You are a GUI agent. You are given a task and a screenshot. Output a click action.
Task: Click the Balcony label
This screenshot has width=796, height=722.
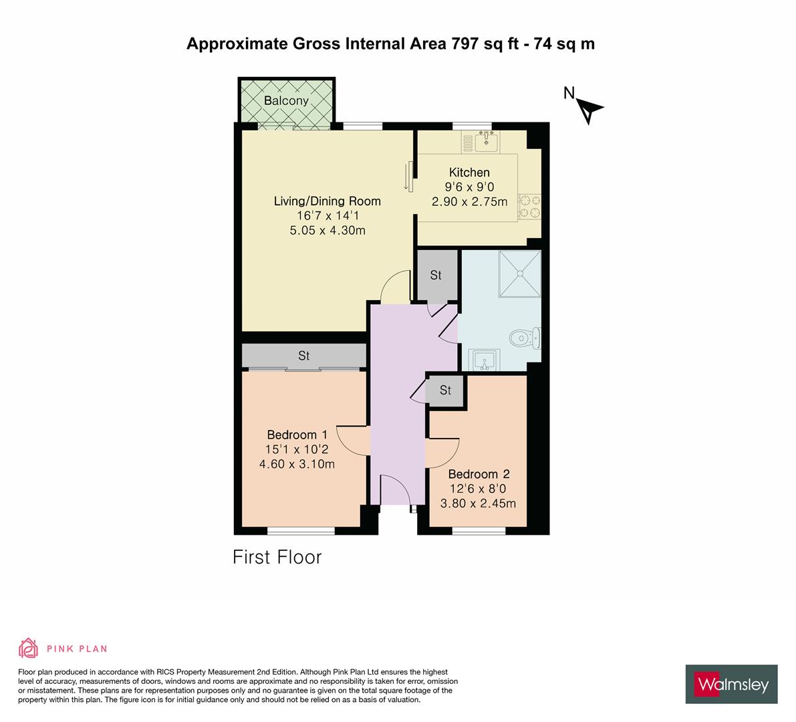286,101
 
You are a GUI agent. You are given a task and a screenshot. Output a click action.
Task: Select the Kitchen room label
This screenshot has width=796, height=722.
469,172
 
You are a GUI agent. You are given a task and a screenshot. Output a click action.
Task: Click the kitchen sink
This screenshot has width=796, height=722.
485,140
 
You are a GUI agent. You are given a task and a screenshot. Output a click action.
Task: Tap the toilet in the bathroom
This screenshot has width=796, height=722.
525,338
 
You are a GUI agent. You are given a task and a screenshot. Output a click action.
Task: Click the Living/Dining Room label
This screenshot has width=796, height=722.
327,201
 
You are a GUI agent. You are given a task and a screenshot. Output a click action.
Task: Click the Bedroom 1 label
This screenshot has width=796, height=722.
292,435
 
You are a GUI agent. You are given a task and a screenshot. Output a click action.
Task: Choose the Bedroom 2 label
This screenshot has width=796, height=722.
479,474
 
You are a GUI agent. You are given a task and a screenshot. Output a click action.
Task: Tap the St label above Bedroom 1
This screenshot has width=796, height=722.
304,356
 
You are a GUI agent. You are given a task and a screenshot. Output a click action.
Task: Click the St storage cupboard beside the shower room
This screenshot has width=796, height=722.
436,275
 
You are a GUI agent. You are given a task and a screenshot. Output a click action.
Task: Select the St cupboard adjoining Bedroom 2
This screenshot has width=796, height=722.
446,390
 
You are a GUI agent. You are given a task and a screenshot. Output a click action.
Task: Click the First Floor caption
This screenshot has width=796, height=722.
277,557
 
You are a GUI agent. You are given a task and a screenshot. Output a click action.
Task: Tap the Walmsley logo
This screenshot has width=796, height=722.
733,684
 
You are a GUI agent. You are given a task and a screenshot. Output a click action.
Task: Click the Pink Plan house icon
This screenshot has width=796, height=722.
29,648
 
